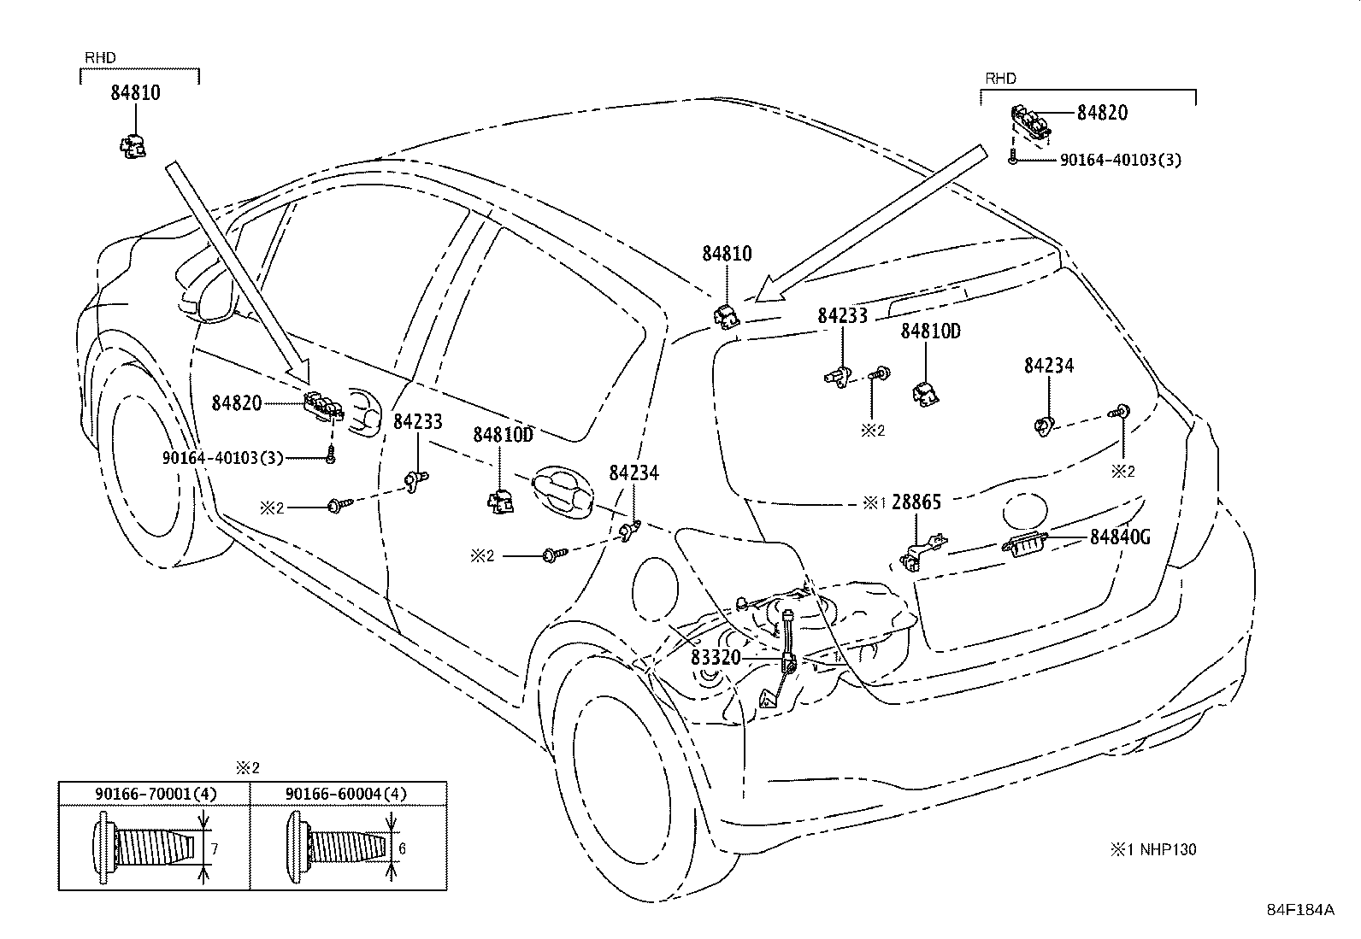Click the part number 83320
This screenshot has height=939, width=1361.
(716, 657)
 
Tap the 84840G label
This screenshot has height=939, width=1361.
(1120, 537)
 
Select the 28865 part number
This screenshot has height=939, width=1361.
(916, 502)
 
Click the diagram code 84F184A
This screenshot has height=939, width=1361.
(1300, 909)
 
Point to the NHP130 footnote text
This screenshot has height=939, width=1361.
(1168, 849)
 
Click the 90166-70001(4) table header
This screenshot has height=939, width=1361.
(156, 794)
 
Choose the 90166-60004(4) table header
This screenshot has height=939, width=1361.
(346, 794)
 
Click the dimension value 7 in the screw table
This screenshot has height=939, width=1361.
(215, 849)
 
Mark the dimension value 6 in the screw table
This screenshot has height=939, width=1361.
(402, 848)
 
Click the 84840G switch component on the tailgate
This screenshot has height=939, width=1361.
(1024, 544)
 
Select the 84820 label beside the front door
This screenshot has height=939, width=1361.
(236, 403)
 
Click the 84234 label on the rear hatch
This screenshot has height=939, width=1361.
(1049, 366)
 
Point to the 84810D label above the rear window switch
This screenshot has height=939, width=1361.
(931, 332)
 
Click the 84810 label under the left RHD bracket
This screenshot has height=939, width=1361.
(135, 93)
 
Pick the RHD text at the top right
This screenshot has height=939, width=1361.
(1000, 79)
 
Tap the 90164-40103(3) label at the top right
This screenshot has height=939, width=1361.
(1121, 161)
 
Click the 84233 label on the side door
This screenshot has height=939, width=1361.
(418, 421)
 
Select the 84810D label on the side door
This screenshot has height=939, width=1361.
(503, 435)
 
